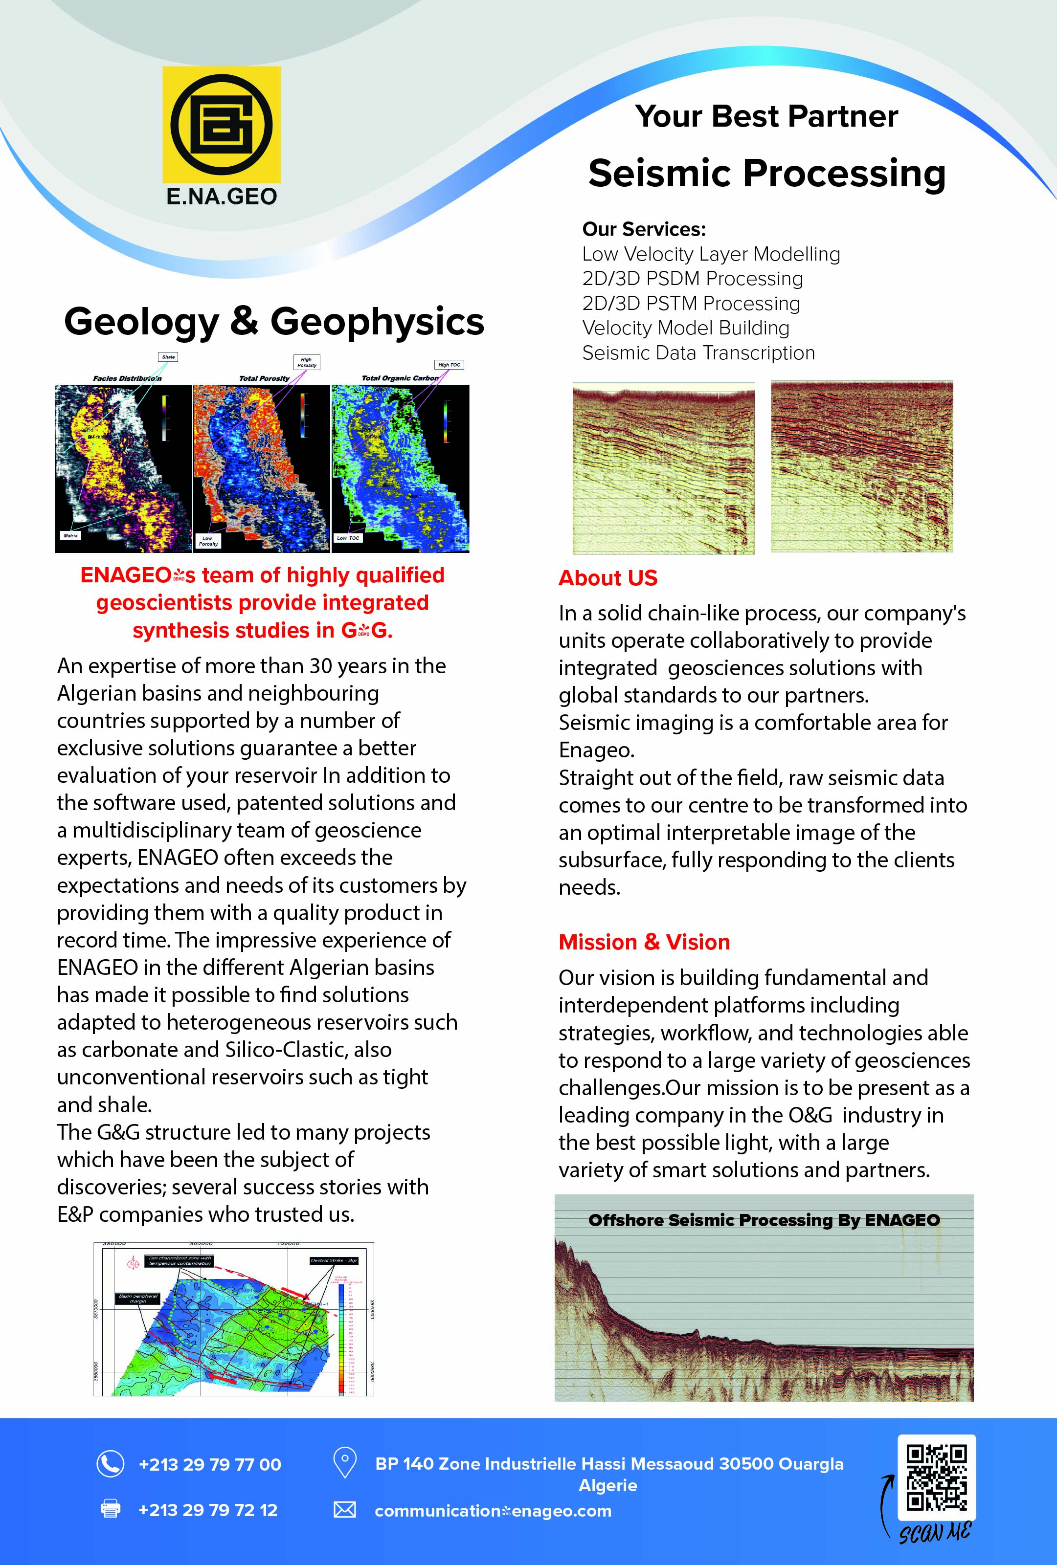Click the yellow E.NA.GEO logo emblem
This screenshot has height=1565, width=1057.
coord(221,125)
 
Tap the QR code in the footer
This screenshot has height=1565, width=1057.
coord(936,1477)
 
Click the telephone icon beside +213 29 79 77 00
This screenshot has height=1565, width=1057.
coord(111,1463)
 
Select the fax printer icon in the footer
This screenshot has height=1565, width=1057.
coord(111,1508)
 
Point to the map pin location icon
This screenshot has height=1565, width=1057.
coord(345,1463)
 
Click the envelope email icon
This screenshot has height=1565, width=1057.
coord(345,1510)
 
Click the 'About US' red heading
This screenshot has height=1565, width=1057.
coord(607,578)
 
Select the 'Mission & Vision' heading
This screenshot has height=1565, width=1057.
coord(644,942)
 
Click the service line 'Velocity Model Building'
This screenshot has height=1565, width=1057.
coord(685,328)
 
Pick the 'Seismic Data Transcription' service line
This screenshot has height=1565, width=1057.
coord(698,353)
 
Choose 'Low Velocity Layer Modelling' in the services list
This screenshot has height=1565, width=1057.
coord(711,254)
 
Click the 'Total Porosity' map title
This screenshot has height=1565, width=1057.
coord(264,378)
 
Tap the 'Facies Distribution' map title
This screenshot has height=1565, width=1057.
coord(127,378)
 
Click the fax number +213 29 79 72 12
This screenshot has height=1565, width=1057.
coord(207,1510)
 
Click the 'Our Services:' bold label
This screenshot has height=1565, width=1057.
coord(643,229)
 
